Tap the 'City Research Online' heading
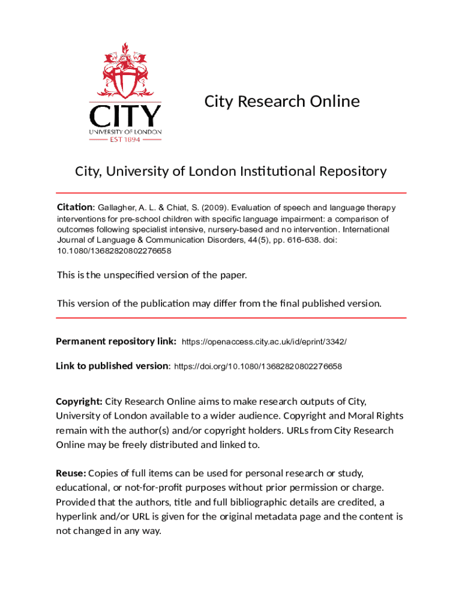[282, 101]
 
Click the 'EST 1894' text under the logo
[125, 139]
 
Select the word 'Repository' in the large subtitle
[348, 171]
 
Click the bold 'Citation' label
[75, 207]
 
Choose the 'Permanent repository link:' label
[116, 341]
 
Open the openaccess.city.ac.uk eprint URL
[264, 342]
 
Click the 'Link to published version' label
[112, 366]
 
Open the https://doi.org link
[258, 366]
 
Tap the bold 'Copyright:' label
[79, 401]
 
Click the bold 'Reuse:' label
[71, 473]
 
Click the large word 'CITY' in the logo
[125, 116]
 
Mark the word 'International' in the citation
[366, 229]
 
